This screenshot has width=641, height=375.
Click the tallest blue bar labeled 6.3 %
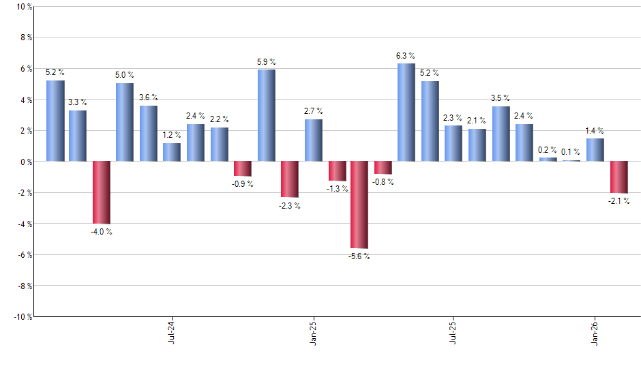406,112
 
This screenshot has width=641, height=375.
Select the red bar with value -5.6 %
359,205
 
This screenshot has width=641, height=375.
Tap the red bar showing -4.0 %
102,192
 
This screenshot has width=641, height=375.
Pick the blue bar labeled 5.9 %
267,115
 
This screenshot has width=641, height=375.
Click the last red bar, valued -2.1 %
618,177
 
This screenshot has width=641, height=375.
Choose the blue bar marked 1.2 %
172,152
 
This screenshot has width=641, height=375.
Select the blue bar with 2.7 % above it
314,140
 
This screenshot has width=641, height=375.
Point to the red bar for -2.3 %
290,179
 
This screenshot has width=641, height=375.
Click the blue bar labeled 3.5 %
501,134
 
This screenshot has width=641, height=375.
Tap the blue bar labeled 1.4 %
595,150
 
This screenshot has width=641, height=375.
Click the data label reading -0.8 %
383,182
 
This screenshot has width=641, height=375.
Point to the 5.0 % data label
125,75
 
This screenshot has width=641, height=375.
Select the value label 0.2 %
548,149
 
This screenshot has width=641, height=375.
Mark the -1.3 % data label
337,189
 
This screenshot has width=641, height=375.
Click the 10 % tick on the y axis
23,7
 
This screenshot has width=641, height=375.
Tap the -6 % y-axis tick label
23,255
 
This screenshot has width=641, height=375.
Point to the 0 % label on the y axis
25,162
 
